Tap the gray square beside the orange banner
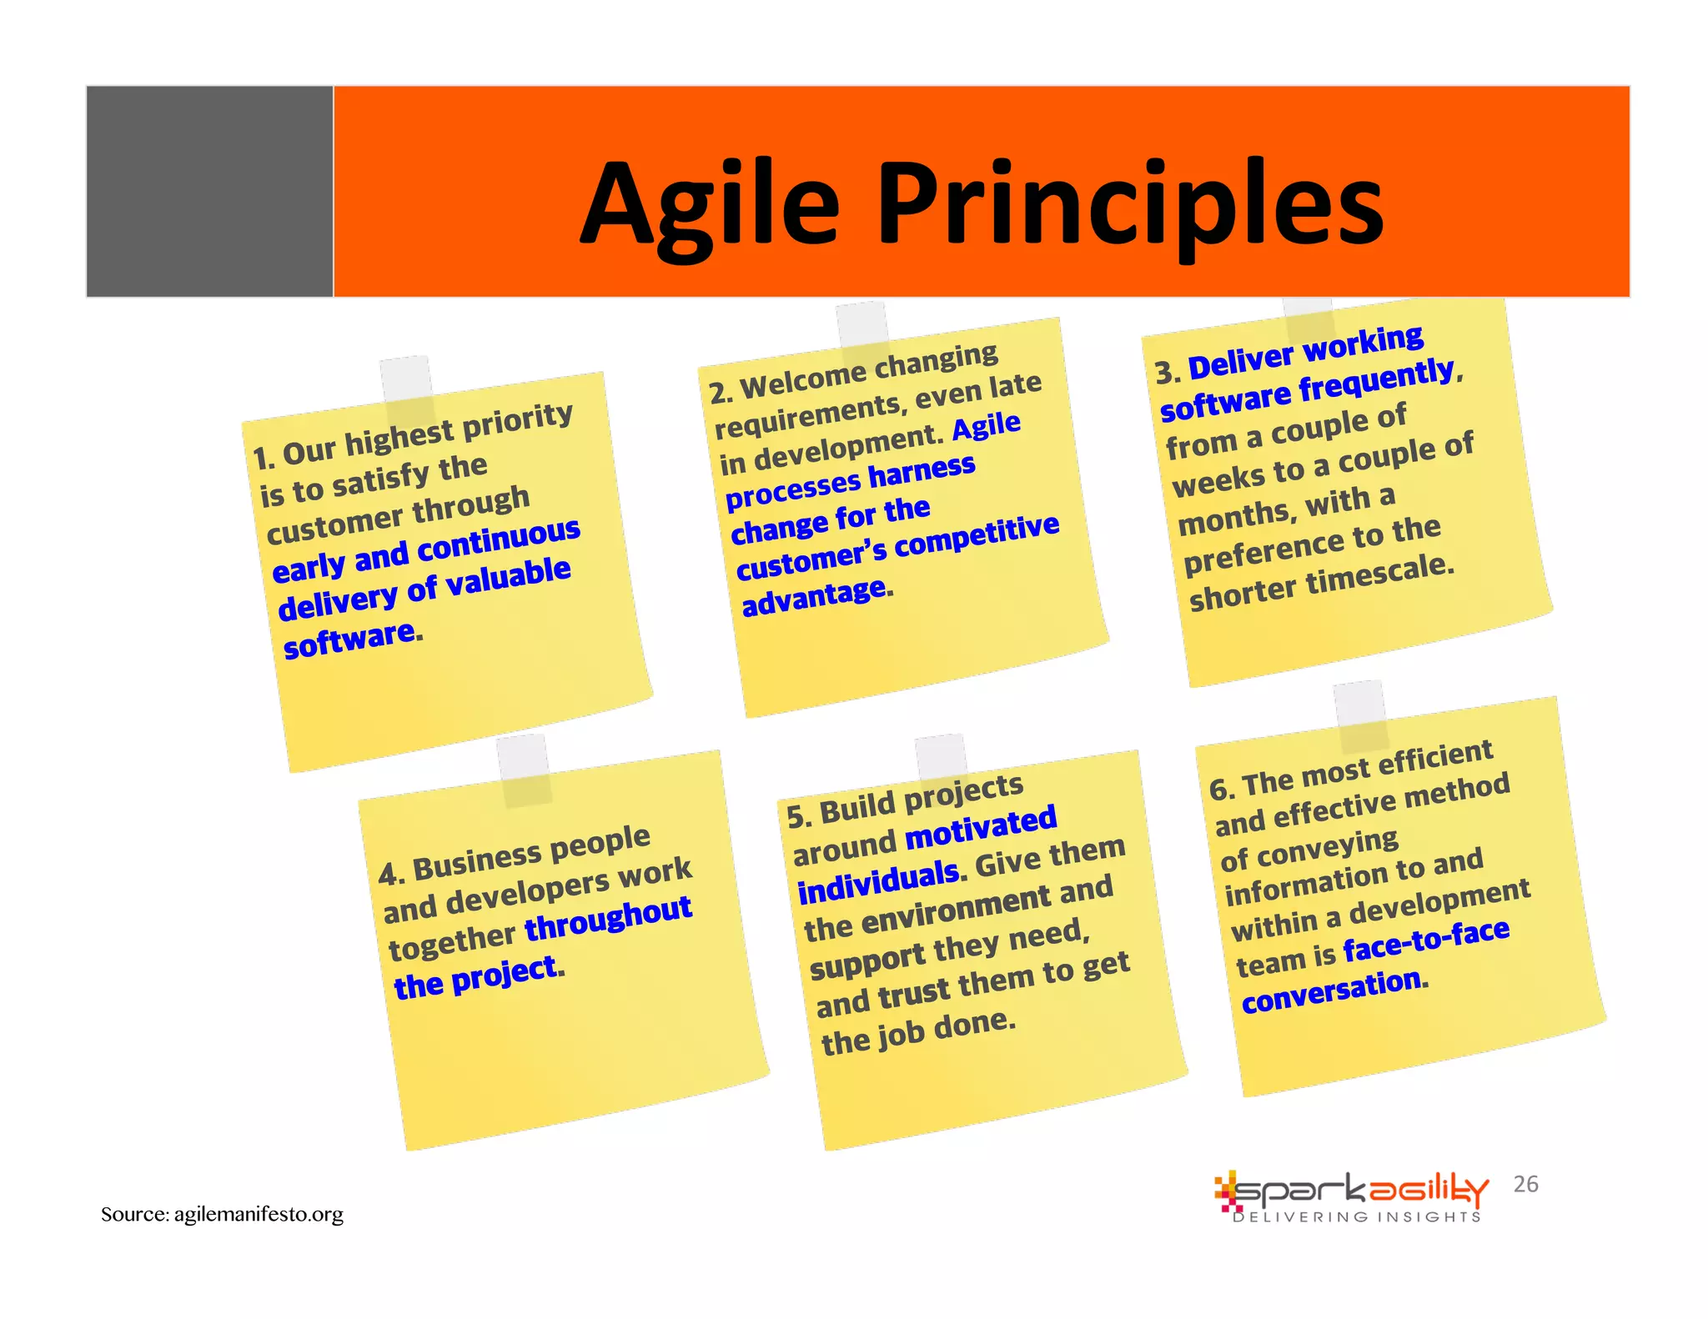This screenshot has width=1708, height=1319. pos(209,191)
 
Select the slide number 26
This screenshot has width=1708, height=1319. pos(1525,1184)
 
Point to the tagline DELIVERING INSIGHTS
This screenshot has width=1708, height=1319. pos(1357,1217)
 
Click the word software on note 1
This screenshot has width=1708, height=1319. pos(350,639)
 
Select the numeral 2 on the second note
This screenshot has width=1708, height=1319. pos(718,393)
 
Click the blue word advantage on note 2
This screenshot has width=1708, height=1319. pos(813,597)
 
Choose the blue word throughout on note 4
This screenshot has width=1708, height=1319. pos(608,917)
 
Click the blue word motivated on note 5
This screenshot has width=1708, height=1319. pos(981,827)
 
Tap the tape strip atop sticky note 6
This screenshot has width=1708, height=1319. pos(1360,714)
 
